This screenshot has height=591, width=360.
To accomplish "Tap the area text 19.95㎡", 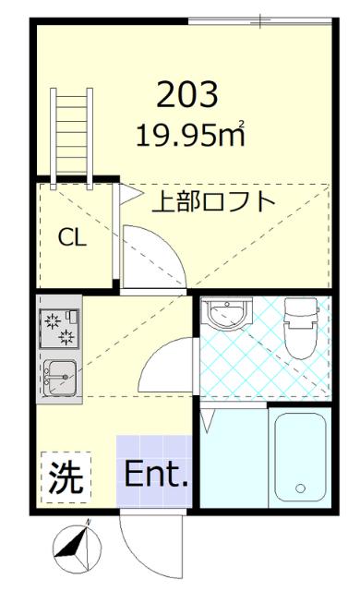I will [x=190, y=136].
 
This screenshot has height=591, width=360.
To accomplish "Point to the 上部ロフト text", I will [x=213, y=201].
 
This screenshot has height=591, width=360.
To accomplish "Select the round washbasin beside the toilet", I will [x=226, y=317].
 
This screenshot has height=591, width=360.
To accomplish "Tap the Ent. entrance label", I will [x=156, y=477].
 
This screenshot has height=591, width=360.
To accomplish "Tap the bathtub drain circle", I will [x=299, y=488].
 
